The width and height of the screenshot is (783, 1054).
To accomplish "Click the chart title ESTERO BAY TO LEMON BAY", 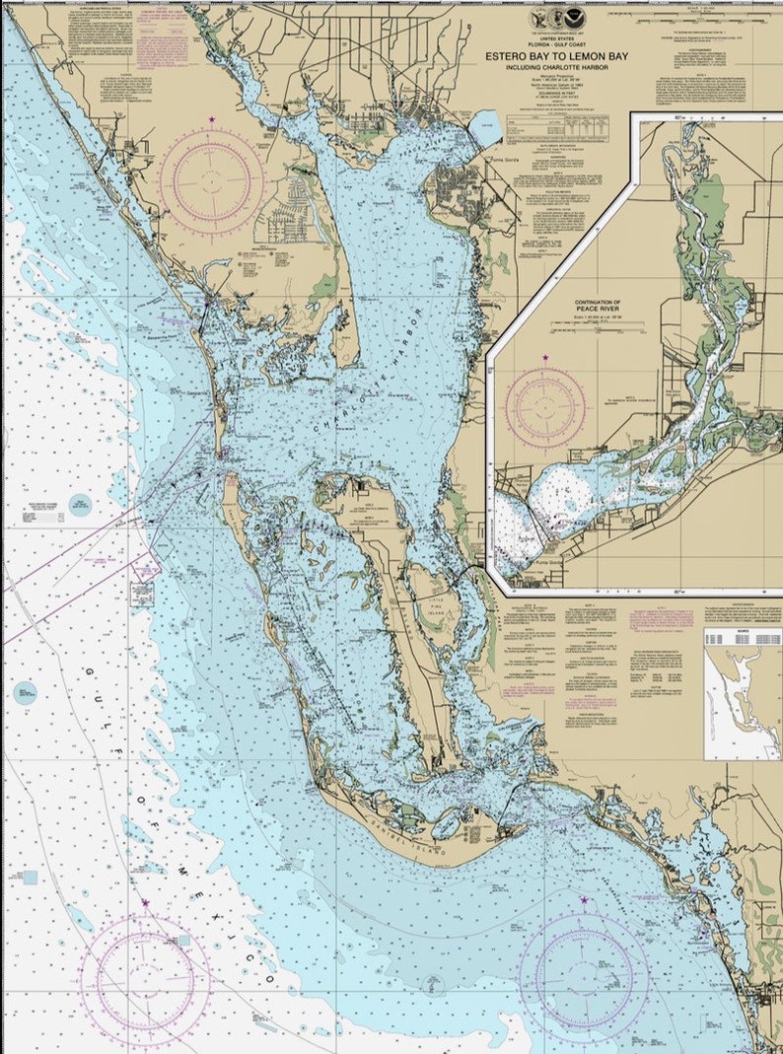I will tap(554, 57).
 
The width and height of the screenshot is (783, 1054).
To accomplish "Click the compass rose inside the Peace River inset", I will tap(545, 407).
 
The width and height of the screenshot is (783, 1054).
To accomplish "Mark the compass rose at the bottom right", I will tap(584, 963).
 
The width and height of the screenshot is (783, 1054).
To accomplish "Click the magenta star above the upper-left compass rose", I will tap(211, 119).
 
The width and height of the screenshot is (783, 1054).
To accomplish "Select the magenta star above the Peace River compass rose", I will tap(545, 357).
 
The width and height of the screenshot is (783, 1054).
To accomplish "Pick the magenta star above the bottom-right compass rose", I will tap(584, 900).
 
